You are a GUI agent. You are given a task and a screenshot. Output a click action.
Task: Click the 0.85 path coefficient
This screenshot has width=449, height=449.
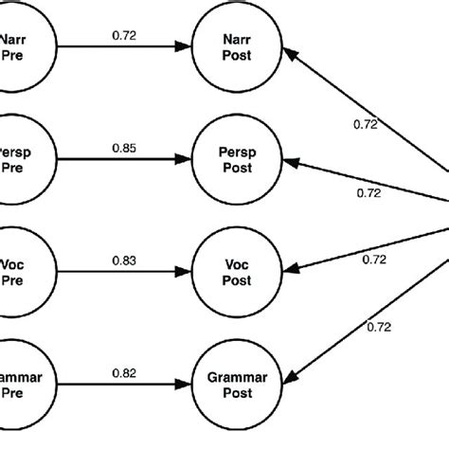[122, 147]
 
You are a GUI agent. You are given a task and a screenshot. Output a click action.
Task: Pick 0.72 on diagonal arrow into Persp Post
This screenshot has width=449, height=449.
[369, 193]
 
